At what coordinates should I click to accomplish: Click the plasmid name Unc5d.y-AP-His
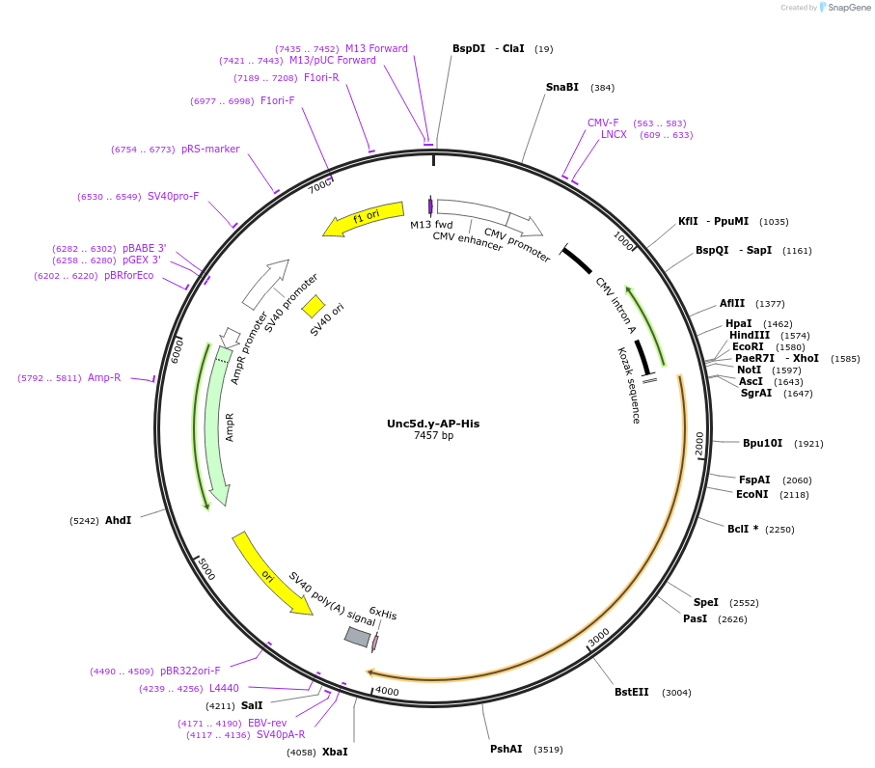[x=433, y=424]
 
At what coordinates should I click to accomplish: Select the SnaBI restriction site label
[x=561, y=88]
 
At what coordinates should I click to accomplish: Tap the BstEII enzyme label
[x=632, y=692]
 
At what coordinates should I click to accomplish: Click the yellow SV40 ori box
[x=313, y=306]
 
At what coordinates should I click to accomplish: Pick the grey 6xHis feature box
[x=358, y=637]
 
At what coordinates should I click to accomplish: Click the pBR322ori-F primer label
[x=190, y=671]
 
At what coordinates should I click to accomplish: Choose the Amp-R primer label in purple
[x=104, y=377]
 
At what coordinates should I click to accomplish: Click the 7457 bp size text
[x=433, y=436]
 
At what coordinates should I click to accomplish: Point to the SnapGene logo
[x=841, y=8]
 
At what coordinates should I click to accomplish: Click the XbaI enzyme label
[x=335, y=752]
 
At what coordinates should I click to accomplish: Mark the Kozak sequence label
[x=629, y=385]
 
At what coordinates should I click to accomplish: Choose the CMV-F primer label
[x=603, y=123]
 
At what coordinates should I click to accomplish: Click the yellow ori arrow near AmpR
[x=271, y=573]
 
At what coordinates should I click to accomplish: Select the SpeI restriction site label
[x=705, y=602]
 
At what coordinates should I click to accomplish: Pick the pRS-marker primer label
[x=210, y=149]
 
